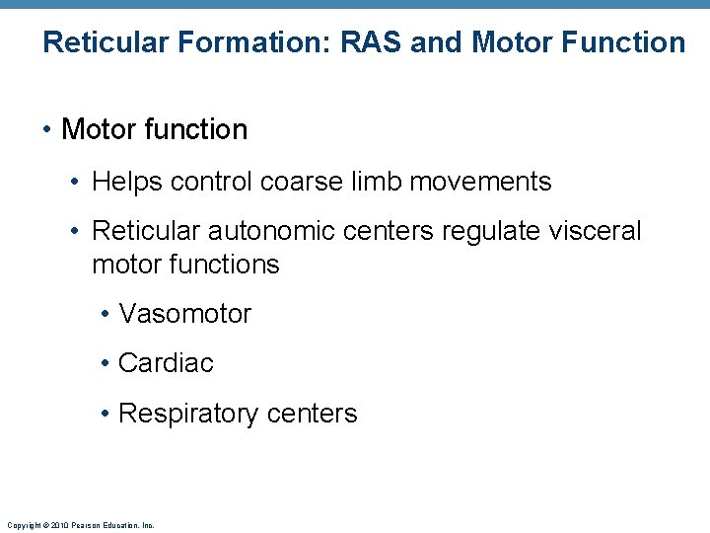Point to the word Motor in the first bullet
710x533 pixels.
(99, 129)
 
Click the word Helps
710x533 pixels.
(127, 182)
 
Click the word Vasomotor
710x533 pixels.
(185, 314)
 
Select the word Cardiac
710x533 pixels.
(166, 363)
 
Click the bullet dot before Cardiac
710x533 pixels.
(105, 364)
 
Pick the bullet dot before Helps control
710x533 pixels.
(77, 183)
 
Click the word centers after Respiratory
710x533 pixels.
(311, 414)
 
